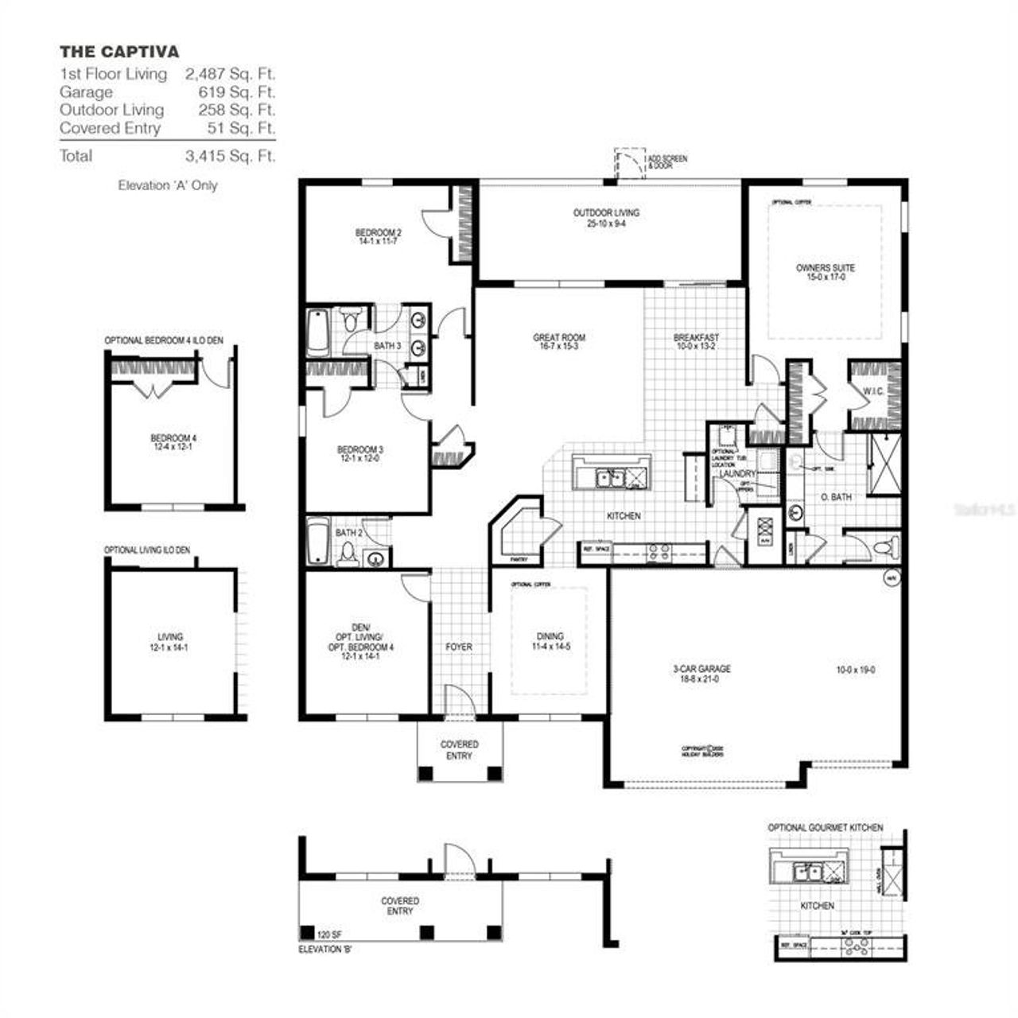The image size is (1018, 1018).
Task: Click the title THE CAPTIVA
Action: tap(119, 52)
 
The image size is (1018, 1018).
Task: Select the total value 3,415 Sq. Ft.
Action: tap(230, 156)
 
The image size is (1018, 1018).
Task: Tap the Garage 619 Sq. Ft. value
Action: tap(230, 92)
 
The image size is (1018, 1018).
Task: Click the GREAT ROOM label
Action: tap(559, 338)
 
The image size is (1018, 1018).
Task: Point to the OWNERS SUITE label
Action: tap(826, 268)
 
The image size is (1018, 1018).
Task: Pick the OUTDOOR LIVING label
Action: tap(606, 213)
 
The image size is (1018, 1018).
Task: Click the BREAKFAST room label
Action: tap(696, 337)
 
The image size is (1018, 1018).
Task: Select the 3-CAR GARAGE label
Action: tap(701, 669)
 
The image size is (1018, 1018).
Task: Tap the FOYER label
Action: tap(459, 647)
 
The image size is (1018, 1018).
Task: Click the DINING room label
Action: tap(550, 636)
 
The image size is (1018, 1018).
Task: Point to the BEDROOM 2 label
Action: tap(378, 232)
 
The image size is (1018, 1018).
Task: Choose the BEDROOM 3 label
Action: tap(360, 449)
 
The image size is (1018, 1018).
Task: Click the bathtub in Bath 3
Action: tap(318, 332)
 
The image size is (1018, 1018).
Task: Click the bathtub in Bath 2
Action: tap(318, 542)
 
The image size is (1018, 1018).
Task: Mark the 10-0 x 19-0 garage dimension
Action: tap(855, 670)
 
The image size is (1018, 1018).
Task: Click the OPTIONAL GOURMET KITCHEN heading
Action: tap(825, 828)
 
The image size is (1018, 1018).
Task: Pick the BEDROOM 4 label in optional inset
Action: tap(173, 438)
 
